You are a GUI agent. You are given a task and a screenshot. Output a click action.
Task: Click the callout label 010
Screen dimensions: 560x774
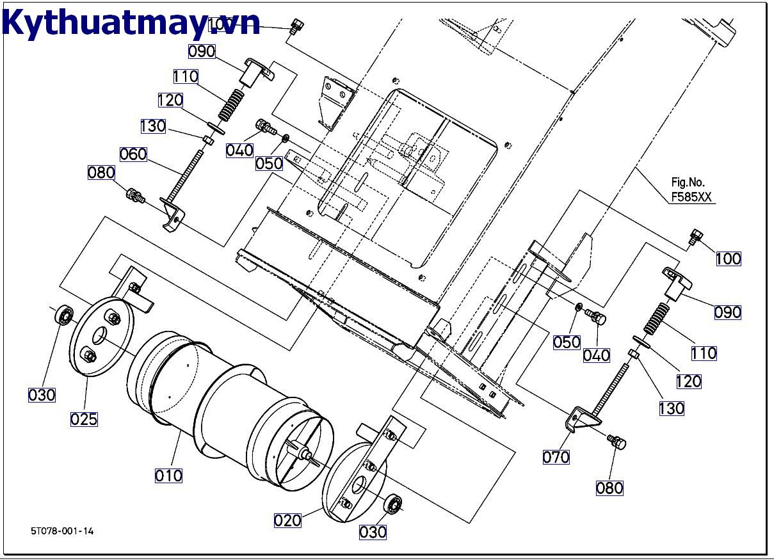point(168,476)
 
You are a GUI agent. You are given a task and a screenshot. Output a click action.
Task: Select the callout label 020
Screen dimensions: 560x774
point(287,520)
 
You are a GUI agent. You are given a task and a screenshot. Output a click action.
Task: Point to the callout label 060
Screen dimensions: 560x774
point(133,154)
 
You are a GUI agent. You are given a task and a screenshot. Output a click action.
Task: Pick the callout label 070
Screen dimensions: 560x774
point(556,457)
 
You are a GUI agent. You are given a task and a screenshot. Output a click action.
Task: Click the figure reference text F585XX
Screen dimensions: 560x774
point(691,198)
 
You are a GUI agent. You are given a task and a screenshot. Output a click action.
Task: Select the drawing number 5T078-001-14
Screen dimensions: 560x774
point(62,531)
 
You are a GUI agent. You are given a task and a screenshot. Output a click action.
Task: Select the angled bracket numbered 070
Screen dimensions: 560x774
point(579,419)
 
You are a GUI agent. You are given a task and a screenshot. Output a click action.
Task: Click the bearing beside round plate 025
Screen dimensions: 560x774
point(63,316)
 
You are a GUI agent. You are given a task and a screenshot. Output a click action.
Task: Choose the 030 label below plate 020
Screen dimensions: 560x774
point(373,532)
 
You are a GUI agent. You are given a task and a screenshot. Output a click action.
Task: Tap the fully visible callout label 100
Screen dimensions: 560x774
point(728,259)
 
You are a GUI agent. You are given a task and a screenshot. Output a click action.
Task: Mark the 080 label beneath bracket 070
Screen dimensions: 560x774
point(609,488)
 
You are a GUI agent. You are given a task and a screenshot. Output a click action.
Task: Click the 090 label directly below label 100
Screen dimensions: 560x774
point(728,312)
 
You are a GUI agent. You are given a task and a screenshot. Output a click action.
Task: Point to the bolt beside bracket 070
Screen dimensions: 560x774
point(617,442)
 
